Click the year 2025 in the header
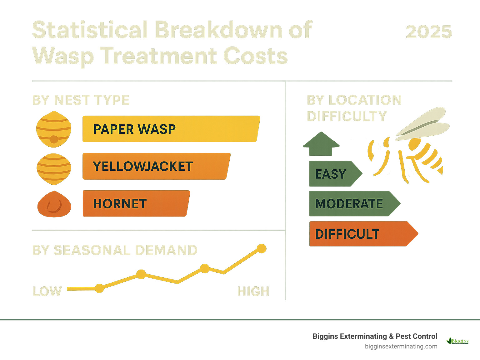click(429, 32)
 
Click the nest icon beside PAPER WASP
click(54, 129)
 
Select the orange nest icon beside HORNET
click(54, 204)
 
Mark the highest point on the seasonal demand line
click(261, 249)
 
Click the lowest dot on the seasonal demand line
click(99, 288)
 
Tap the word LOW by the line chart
click(47, 291)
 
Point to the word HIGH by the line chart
click(253, 291)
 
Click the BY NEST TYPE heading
click(81, 100)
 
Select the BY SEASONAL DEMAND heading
click(115, 250)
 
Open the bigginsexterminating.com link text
click(401, 346)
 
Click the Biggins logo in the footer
click(458, 341)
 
